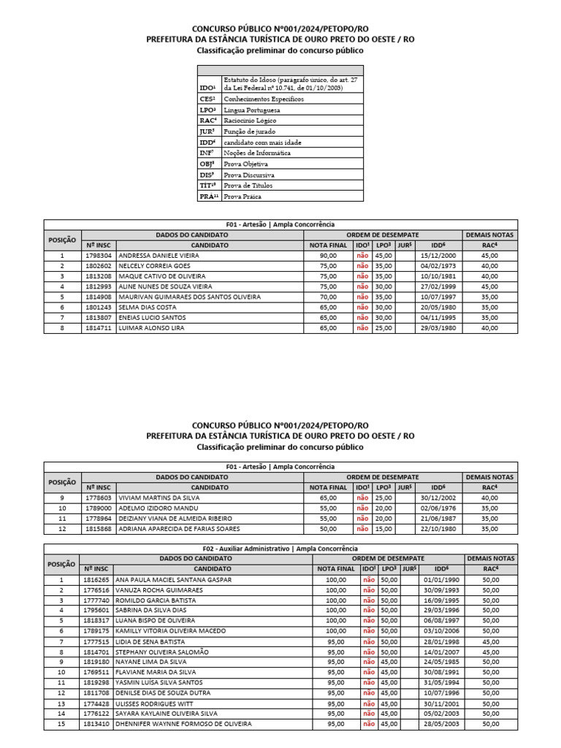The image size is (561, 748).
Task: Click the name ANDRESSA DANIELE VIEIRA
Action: [154, 256]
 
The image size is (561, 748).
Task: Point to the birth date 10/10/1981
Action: [438, 277]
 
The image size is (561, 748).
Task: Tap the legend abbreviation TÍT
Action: [207, 186]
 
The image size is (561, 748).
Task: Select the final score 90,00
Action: [328, 256]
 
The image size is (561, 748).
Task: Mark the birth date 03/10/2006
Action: [438, 630]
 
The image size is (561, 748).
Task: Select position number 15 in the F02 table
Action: [62, 723]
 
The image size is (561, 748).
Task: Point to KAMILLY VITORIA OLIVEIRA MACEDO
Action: [175, 630]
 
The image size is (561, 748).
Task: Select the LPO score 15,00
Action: [384, 528]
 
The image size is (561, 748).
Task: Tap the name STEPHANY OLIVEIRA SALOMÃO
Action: [168, 652]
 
